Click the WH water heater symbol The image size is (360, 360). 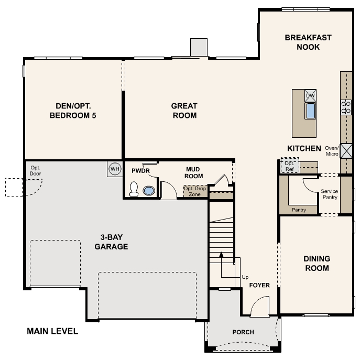click(114, 169)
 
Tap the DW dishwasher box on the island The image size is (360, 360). click(310, 95)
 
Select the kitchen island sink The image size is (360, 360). click(310, 111)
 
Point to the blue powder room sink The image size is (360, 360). click(149, 190)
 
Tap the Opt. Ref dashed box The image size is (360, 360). click(289, 166)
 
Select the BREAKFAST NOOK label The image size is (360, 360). click(302, 42)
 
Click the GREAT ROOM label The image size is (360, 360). click(184, 111)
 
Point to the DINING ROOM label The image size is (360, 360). click(317, 264)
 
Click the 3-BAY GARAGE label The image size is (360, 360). click(111, 242)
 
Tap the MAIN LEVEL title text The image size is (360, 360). click(52, 331)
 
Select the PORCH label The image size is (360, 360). click(243, 332)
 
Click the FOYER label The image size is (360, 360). click(259, 286)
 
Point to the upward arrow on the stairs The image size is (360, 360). click(221, 254)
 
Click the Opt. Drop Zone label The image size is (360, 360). click(194, 191)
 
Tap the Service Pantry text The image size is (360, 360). click(330, 194)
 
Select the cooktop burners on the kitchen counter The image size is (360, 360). click(346, 107)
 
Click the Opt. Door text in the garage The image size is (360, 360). click(36, 170)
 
